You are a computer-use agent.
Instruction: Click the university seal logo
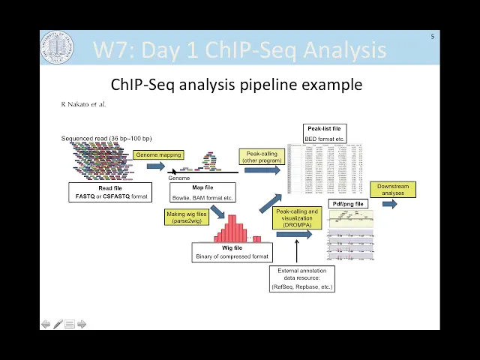[x=57, y=48]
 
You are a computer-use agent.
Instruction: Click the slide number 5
[x=432, y=37]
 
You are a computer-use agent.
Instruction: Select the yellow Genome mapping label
[x=158, y=155]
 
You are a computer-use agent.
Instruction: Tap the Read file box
[x=110, y=192]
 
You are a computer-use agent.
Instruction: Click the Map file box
[x=202, y=192]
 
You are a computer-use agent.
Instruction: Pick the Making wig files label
[x=187, y=217]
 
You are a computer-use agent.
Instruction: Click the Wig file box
[x=232, y=252]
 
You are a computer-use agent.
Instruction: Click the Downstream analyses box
[x=393, y=190]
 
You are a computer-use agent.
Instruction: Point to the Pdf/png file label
[x=347, y=204]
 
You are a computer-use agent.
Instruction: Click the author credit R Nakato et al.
[x=83, y=104]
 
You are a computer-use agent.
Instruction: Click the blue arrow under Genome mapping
[x=155, y=166]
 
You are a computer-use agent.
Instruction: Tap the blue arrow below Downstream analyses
[x=390, y=204]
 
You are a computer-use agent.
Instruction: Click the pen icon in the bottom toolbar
[x=58, y=324]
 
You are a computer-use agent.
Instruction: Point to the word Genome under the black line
[x=179, y=178]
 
